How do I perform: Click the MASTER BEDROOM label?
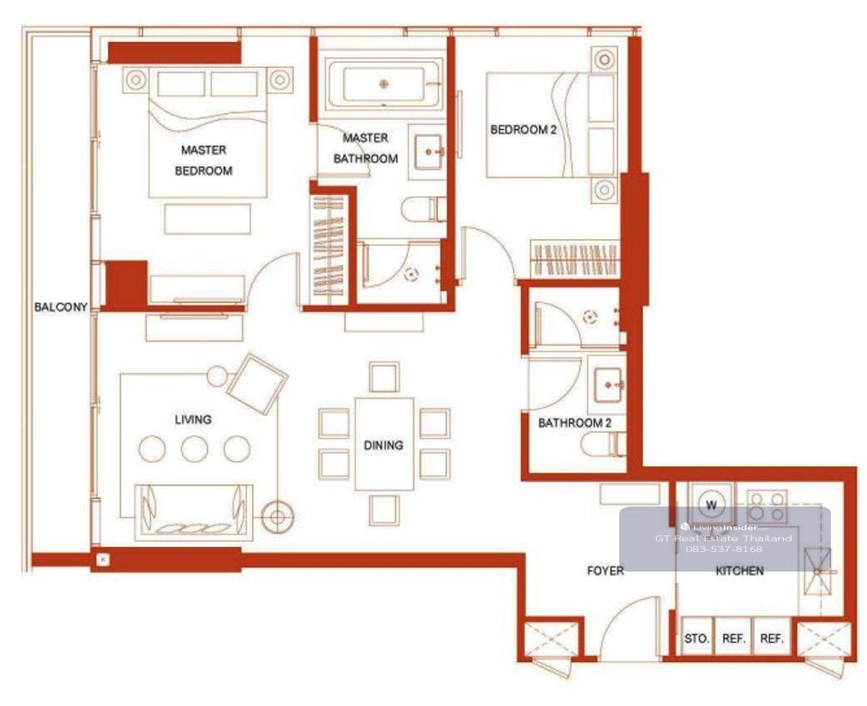click(204, 160)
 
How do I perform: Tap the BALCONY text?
click(61, 307)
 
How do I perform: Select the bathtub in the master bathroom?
click(384, 85)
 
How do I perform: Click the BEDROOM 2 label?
click(523, 130)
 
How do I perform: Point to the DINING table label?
click(384, 445)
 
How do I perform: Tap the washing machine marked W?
click(711, 505)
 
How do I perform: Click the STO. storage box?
click(696, 638)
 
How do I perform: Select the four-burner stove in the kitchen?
click(767, 506)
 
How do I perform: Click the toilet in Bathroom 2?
click(603, 444)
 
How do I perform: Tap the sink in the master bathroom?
click(428, 152)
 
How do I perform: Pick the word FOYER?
click(605, 571)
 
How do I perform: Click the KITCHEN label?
click(740, 571)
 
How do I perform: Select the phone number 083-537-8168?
click(724, 549)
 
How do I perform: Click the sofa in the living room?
click(194, 512)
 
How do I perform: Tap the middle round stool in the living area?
click(194, 449)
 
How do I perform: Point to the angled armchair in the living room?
click(256, 384)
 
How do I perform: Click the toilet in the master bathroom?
click(423, 210)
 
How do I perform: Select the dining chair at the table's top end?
click(384, 377)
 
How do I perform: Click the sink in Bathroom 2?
click(608, 385)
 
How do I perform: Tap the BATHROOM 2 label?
click(574, 423)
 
